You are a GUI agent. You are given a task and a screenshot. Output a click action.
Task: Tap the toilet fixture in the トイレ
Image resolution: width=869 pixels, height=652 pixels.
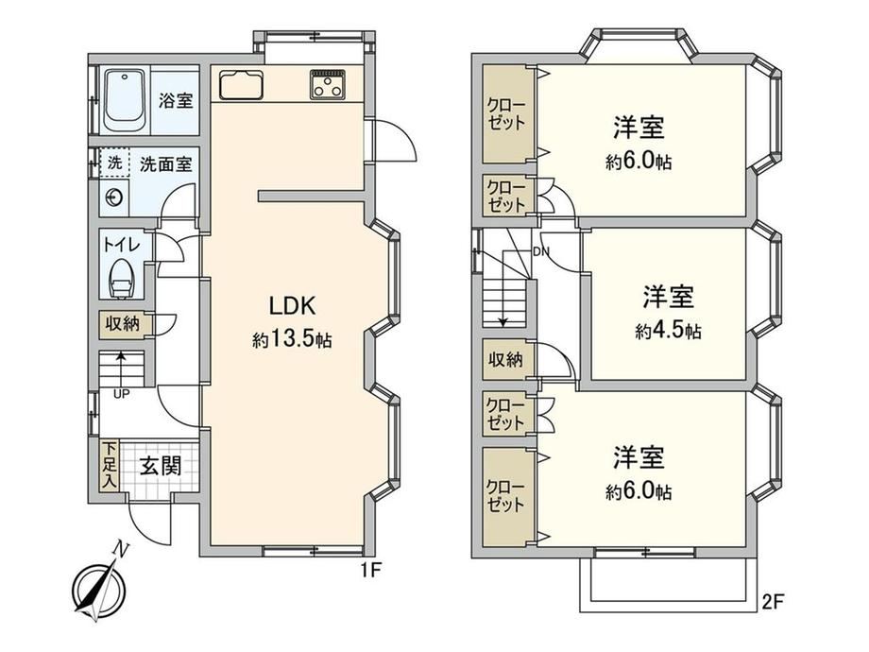(x=122, y=280)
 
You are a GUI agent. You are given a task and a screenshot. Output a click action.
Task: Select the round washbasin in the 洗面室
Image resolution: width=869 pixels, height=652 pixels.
(x=114, y=197)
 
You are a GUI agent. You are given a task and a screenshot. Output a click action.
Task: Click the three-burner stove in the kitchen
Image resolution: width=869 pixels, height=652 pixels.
(x=328, y=84)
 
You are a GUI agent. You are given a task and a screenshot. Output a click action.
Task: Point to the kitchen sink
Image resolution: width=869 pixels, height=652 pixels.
(x=241, y=84)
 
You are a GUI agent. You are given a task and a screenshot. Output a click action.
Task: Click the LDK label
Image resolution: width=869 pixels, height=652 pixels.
(x=292, y=305)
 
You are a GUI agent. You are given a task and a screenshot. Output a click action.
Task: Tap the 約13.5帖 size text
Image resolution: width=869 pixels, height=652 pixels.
(x=292, y=338)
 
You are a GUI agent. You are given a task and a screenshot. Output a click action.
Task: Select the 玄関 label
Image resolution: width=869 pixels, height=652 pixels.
(x=161, y=466)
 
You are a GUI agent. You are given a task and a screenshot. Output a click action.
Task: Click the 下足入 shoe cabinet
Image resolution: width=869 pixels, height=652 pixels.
(x=110, y=465)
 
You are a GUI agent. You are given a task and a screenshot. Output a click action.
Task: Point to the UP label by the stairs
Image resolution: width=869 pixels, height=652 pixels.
(x=121, y=394)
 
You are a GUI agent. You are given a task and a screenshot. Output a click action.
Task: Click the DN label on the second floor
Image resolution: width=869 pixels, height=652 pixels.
(x=541, y=251)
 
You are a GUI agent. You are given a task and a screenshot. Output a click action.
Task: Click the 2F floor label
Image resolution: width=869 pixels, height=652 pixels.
(x=773, y=602)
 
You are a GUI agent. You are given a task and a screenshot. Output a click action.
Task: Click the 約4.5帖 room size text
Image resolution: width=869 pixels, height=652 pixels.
(x=668, y=331)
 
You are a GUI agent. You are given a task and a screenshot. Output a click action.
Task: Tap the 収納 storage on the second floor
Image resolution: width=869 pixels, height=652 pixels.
(x=505, y=359)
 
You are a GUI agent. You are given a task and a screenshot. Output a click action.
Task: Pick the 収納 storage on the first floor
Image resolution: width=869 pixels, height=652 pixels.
(x=122, y=324)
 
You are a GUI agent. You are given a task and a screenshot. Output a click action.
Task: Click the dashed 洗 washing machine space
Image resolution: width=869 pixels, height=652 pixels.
(x=114, y=163)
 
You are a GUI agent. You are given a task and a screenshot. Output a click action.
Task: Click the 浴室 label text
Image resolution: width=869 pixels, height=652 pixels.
(x=177, y=100)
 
